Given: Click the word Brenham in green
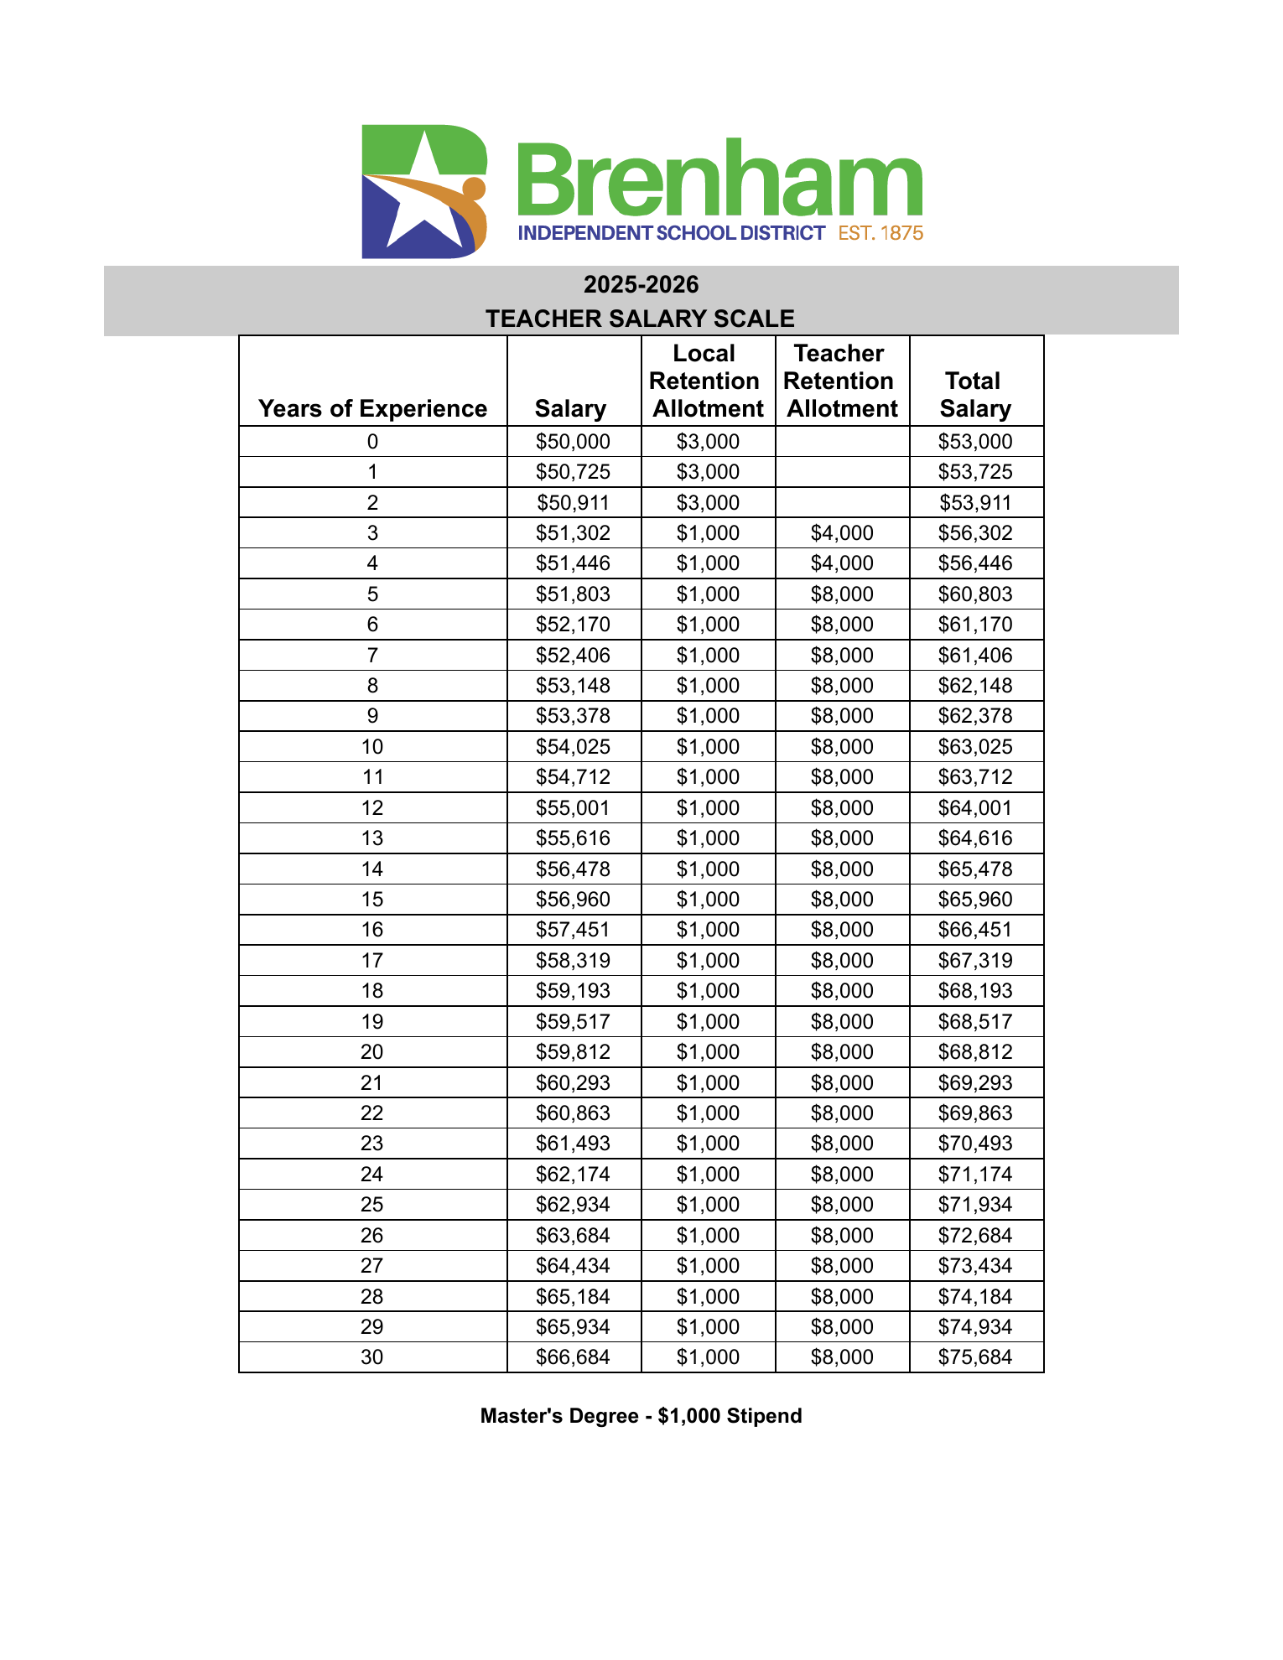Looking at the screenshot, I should click(x=719, y=178).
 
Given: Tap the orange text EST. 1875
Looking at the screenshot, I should click(x=880, y=233).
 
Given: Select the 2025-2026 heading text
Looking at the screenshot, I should click(x=641, y=285).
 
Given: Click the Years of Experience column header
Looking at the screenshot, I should click(x=372, y=408).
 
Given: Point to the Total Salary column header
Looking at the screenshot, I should click(x=975, y=394).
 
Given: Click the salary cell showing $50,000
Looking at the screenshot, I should click(x=574, y=442).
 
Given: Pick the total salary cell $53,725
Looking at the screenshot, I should click(x=975, y=472).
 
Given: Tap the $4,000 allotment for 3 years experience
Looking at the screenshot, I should click(x=842, y=533).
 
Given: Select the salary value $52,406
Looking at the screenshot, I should click(x=574, y=656).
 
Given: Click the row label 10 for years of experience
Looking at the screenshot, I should click(x=372, y=747).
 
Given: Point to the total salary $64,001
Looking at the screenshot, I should click(x=975, y=808).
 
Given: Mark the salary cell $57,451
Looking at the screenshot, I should click(x=574, y=930).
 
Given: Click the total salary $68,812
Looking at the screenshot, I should click(x=975, y=1052).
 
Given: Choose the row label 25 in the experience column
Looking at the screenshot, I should click(x=372, y=1205).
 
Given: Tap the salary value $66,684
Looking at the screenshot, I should click(x=574, y=1357).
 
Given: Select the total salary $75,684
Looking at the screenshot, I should click(x=975, y=1357).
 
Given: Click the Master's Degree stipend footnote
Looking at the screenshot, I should click(x=641, y=1416).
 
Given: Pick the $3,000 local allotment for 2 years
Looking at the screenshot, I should click(x=708, y=503).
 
